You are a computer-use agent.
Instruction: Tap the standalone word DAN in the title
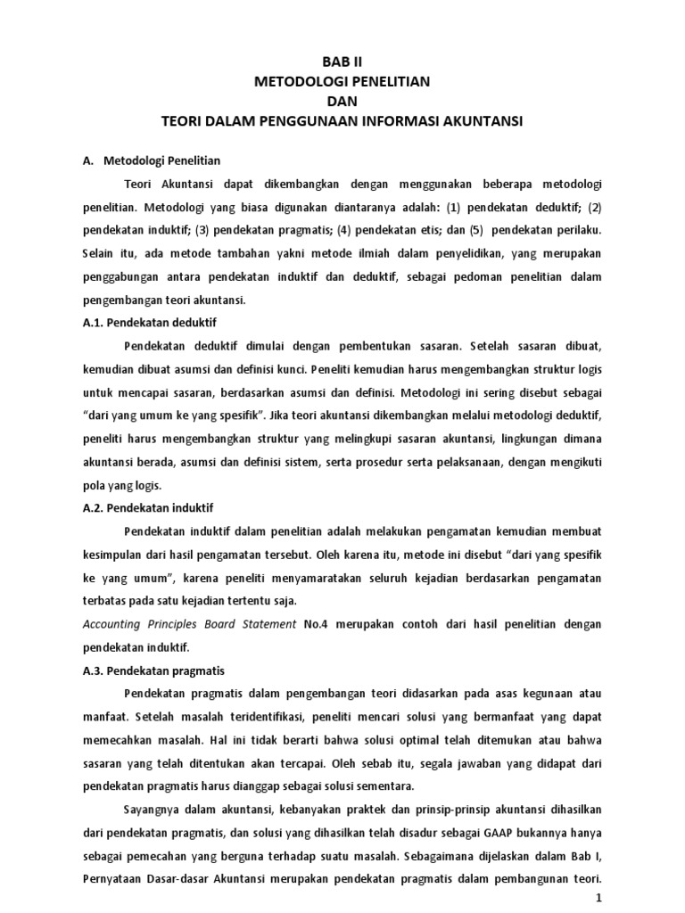tap(342, 100)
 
